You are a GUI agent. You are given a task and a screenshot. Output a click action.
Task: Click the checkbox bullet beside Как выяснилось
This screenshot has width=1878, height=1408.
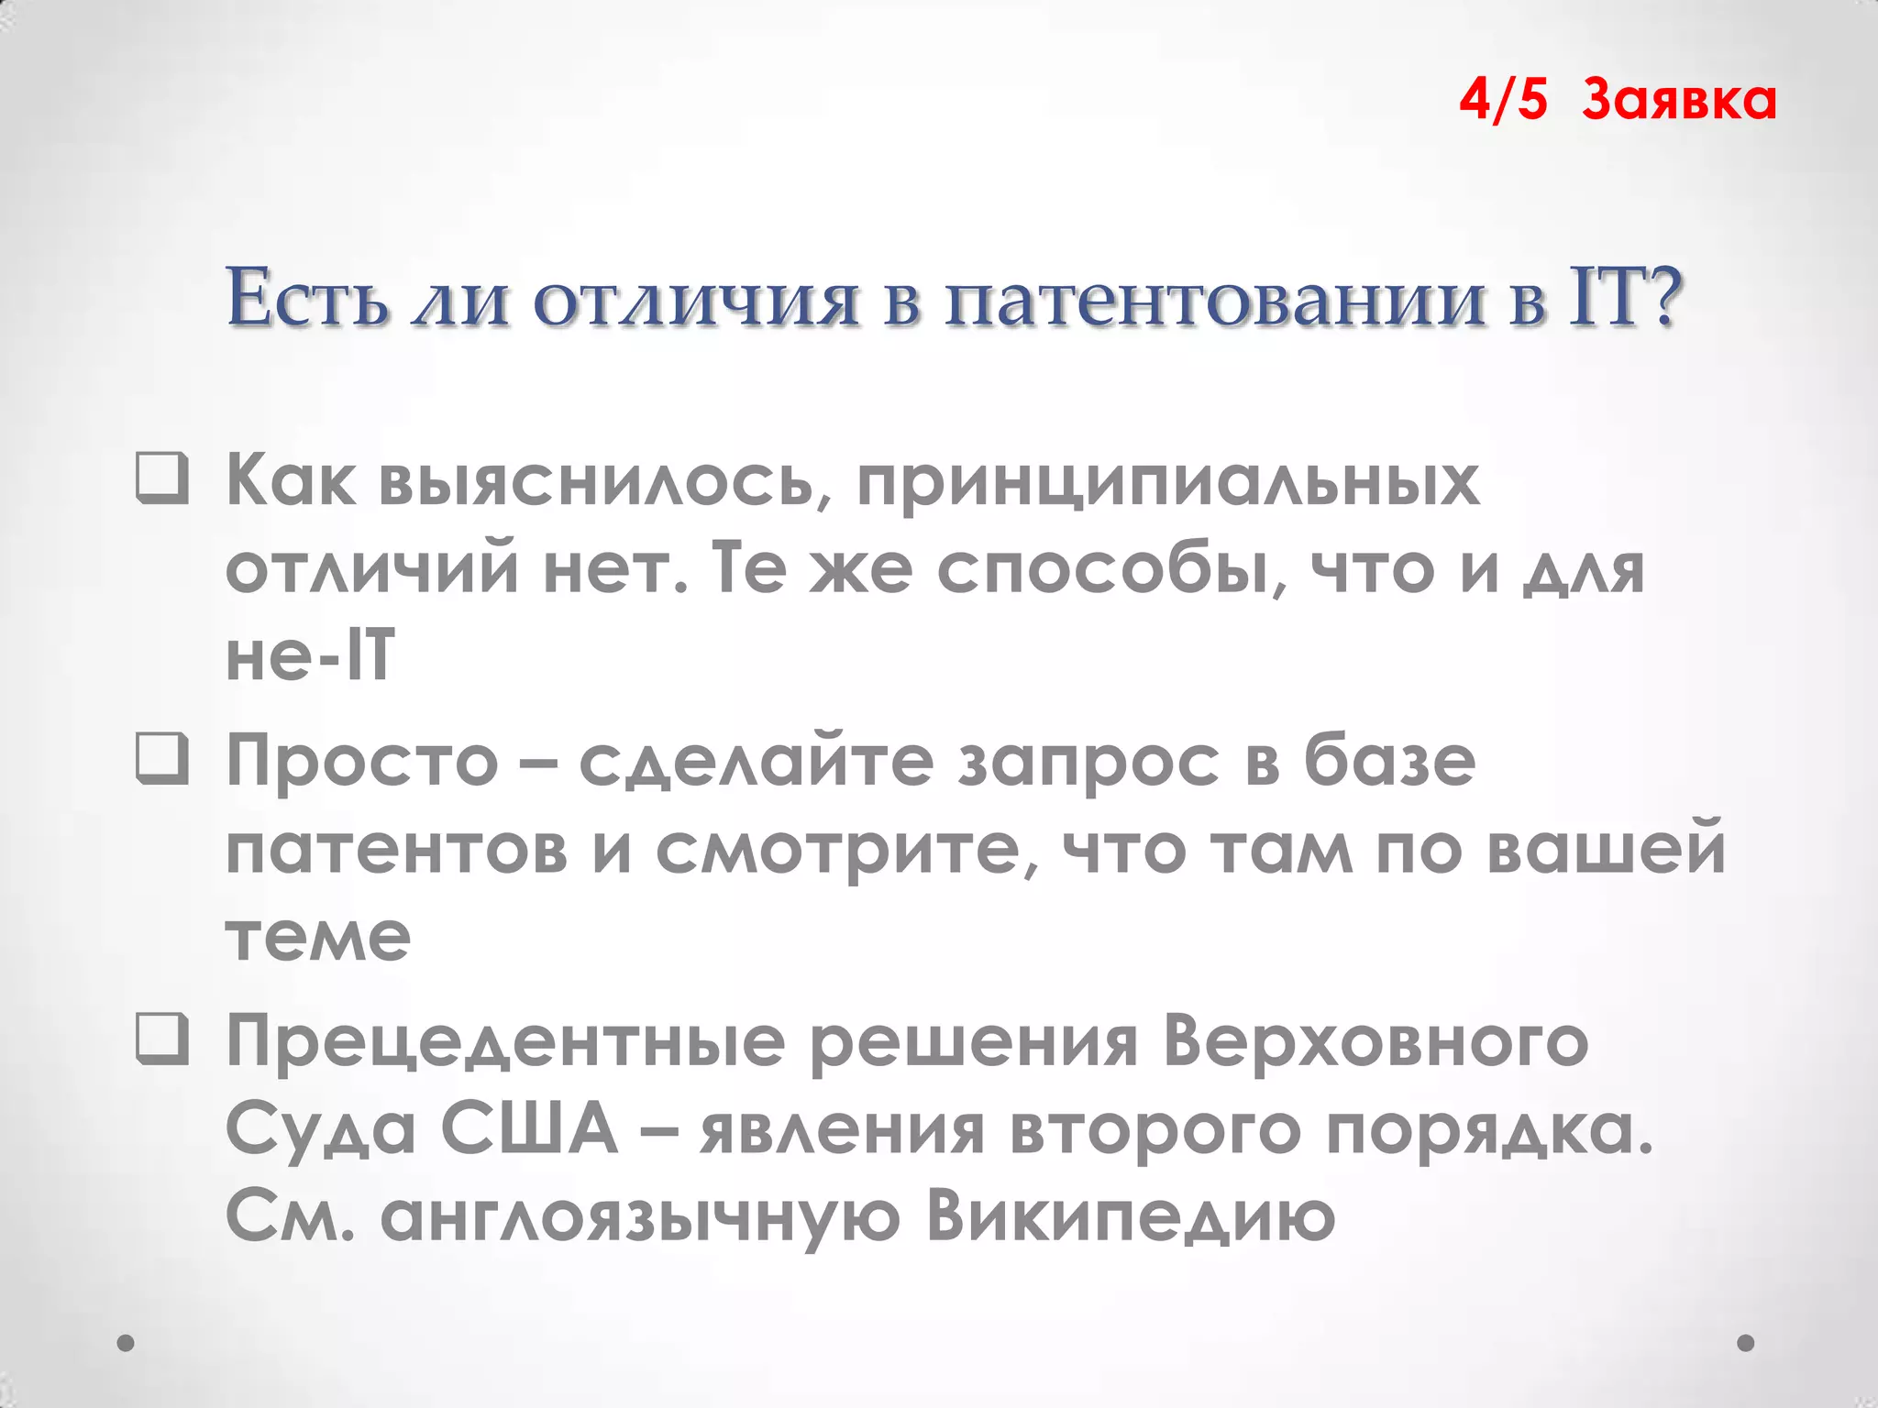coord(162,479)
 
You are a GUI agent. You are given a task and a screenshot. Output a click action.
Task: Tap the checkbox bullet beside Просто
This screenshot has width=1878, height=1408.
coord(162,760)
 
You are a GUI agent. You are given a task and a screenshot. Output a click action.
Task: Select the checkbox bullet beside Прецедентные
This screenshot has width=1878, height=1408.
coord(162,1040)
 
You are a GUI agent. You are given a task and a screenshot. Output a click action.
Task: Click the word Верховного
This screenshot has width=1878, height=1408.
coord(1375,1042)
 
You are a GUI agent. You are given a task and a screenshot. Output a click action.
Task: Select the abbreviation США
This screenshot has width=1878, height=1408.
coord(529,1128)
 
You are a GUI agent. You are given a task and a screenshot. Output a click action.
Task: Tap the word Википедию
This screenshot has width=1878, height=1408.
coord(1130,1216)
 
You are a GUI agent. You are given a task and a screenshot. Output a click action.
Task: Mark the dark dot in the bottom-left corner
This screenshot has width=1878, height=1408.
coord(127,1343)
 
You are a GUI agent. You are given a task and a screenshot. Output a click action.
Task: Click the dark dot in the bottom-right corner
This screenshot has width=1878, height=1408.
coord(1746,1343)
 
